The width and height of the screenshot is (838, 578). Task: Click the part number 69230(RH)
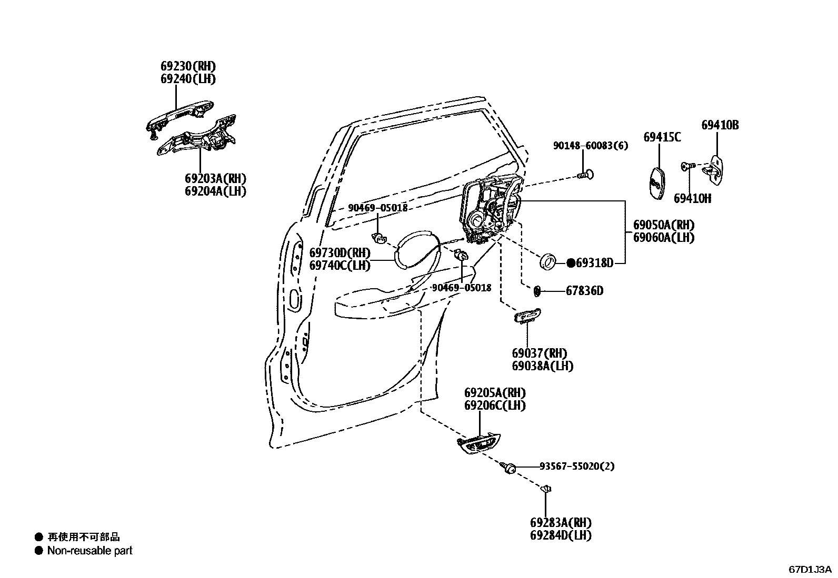click(x=188, y=66)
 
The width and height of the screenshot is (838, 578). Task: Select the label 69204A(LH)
click(x=215, y=191)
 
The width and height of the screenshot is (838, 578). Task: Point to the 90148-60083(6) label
click(x=590, y=146)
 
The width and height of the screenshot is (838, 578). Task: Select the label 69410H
click(x=692, y=198)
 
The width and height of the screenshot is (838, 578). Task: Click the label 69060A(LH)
click(x=663, y=238)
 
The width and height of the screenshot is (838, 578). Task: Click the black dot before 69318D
click(x=571, y=263)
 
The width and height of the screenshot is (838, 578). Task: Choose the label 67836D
click(x=584, y=291)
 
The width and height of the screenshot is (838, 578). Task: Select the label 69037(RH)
click(x=539, y=353)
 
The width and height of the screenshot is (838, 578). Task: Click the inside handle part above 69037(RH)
click(x=526, y=316)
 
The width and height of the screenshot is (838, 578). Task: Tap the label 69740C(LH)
click(x=340, y=266)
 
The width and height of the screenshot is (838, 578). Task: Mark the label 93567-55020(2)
click(x=576, y=466)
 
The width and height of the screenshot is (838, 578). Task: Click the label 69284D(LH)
click(x=561, y=535)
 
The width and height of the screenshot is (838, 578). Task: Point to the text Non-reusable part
click(x=89, y=551)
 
